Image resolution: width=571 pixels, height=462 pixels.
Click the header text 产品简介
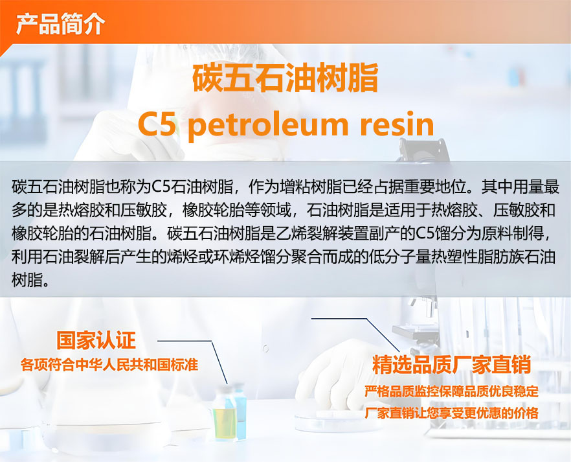coord(60,24)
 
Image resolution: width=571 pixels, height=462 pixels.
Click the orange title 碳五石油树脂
coord(285,78)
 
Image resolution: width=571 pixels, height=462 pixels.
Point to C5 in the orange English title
coord(157,124)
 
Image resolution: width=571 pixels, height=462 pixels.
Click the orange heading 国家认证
coord(96,340)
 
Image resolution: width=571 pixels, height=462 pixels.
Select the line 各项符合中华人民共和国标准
coord(109,364)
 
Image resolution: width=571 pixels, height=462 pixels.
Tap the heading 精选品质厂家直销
coord(451,364)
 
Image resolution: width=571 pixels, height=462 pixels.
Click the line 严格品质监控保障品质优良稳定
coord(452,391)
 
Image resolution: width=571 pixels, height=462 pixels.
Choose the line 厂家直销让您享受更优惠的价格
coord(452,413)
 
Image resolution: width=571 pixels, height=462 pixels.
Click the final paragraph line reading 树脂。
coord(30,280)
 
